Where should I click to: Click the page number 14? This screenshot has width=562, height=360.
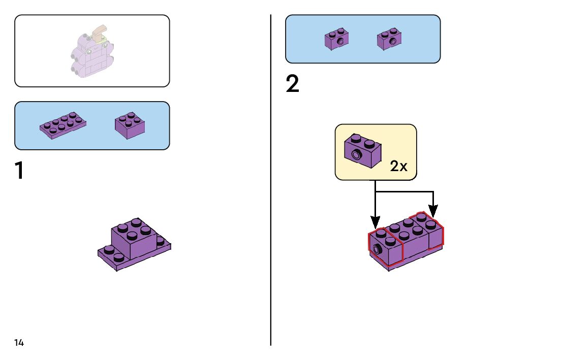[19, 343]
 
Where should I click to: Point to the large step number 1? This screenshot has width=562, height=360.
[19, 171]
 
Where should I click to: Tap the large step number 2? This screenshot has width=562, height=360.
[293, 84]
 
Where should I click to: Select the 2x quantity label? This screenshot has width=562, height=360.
[399, 166]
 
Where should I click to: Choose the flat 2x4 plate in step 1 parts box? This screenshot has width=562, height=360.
[63, 125]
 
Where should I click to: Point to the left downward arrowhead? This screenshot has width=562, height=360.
[375, 222]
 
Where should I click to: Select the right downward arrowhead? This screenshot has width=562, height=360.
[433, 210]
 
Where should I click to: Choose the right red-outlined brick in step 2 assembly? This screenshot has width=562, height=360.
[431, 232]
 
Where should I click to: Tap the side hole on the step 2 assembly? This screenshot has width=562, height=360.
[377, 249]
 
